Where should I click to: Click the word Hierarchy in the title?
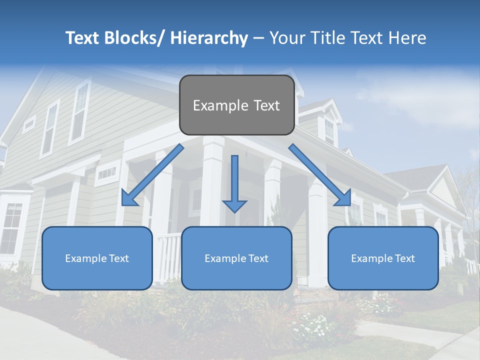pos(209,38)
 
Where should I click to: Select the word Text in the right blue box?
pos(404,258)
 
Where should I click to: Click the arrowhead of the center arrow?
pos(234,205)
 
